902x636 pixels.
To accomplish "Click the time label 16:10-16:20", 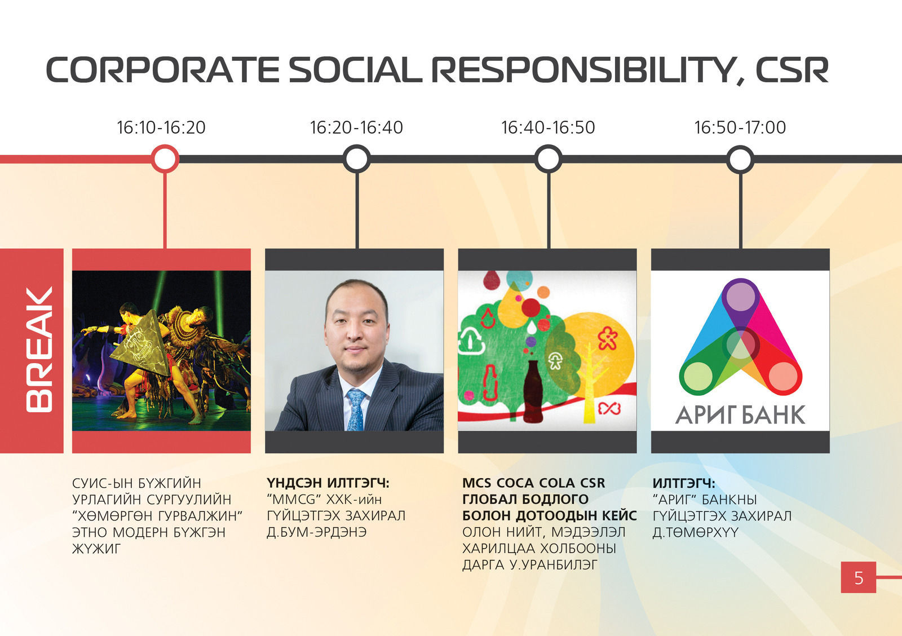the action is (x=161, y=127).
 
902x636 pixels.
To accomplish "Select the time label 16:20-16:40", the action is (x=356, y=127).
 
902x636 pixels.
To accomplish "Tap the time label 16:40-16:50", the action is (x=548, y=127).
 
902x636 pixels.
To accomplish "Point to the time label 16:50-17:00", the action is (x=740, y=127).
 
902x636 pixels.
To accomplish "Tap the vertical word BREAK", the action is (x=39, y=349).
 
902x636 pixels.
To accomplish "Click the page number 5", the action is (x=859, y=578).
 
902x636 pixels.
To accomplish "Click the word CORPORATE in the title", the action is (x=162, y=70).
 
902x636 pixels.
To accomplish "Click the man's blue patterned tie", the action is (x=356, y=409).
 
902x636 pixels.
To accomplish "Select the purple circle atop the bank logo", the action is (x=740, y=297).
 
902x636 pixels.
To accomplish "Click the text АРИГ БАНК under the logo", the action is (x=740, y=415).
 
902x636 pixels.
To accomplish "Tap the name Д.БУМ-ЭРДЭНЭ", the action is (x=316, y=532).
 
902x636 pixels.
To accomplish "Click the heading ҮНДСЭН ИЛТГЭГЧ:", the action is (x=328, y=483).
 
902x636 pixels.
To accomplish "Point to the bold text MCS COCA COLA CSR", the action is (x=533, y=483).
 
